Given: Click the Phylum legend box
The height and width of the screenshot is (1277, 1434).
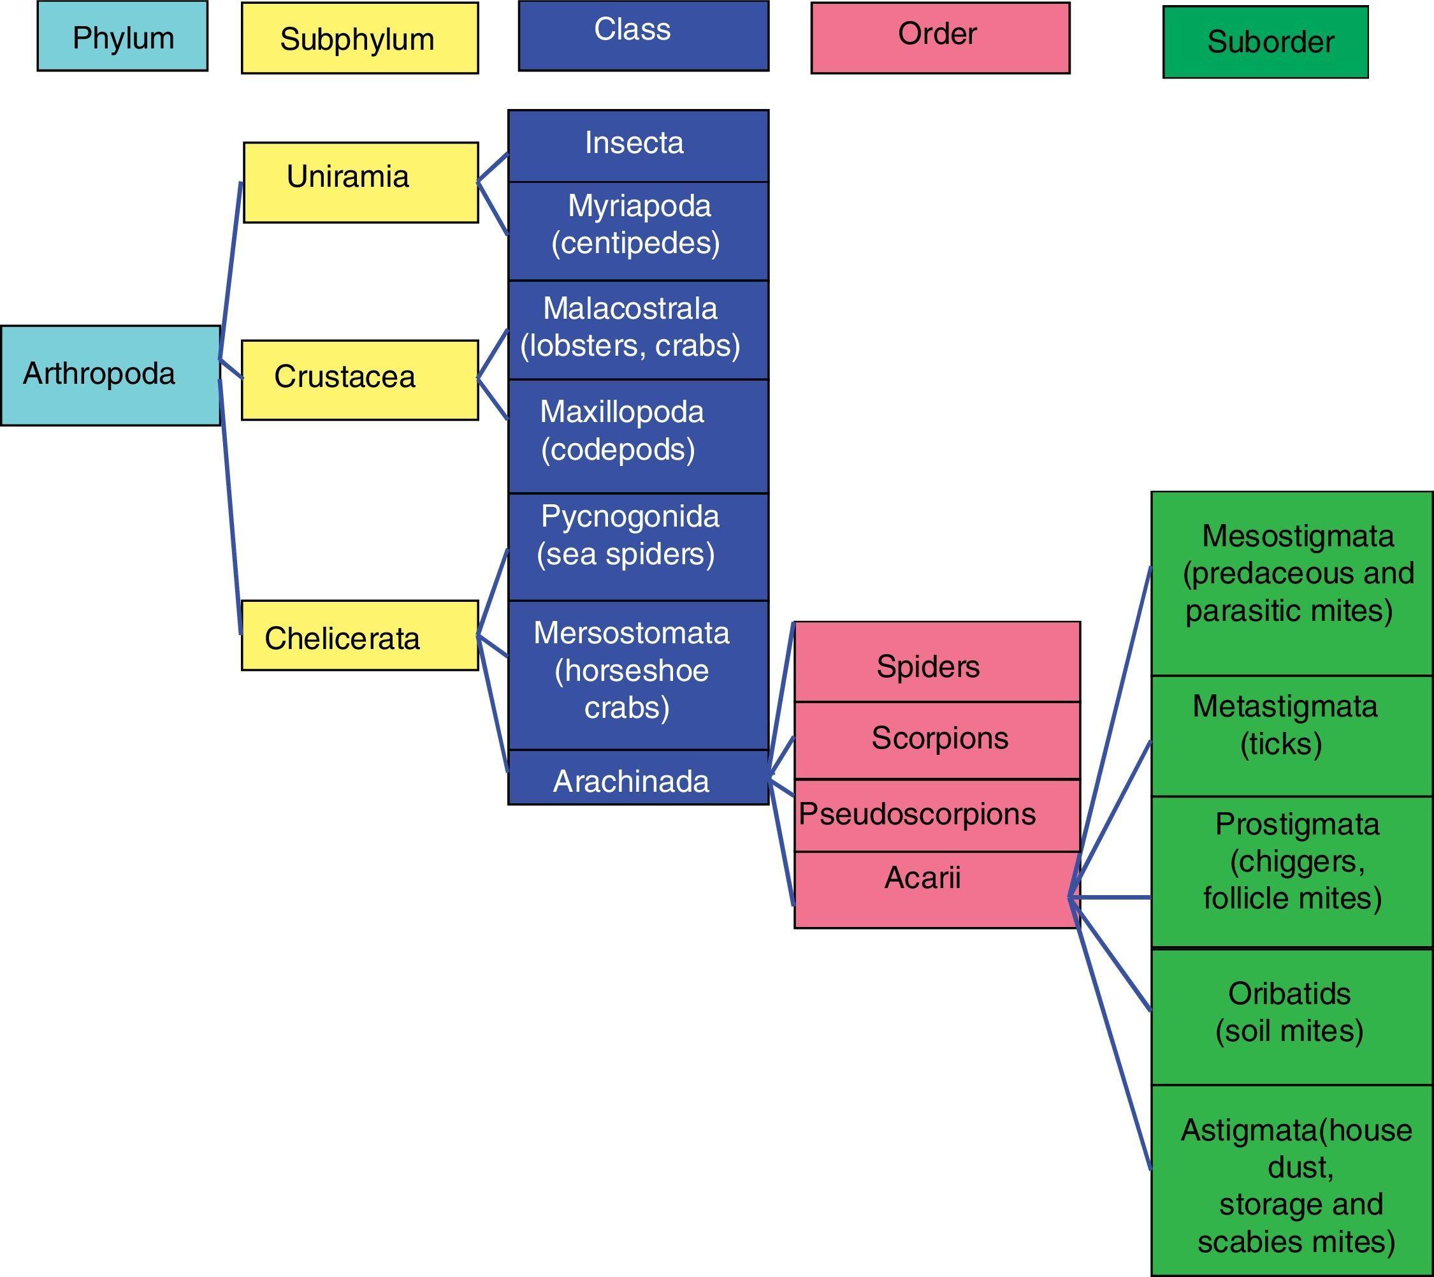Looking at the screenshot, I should pos(122,36).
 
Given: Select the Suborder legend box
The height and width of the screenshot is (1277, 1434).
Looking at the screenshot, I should pos(1265,42).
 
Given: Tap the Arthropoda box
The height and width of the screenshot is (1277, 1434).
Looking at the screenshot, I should pos(110,375).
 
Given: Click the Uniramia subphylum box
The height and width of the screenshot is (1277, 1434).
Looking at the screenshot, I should pos(361,182).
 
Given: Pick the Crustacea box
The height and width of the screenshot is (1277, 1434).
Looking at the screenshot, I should pos(360,379).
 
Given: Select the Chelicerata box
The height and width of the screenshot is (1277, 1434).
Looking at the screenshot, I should pos(360,635).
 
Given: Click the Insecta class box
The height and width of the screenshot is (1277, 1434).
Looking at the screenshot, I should pos(638,145).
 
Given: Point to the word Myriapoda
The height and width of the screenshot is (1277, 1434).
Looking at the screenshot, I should pos(639,205).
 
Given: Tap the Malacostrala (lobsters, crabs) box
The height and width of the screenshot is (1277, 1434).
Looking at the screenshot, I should pos(638,329).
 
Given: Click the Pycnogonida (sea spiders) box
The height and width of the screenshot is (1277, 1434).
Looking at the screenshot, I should pos(638,546).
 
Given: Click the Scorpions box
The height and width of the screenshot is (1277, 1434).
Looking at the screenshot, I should pos(937,740).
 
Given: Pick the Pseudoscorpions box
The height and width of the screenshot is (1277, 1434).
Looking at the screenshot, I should pos(937,815).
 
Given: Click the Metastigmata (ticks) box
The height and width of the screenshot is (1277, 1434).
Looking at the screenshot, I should pos(1291,734).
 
